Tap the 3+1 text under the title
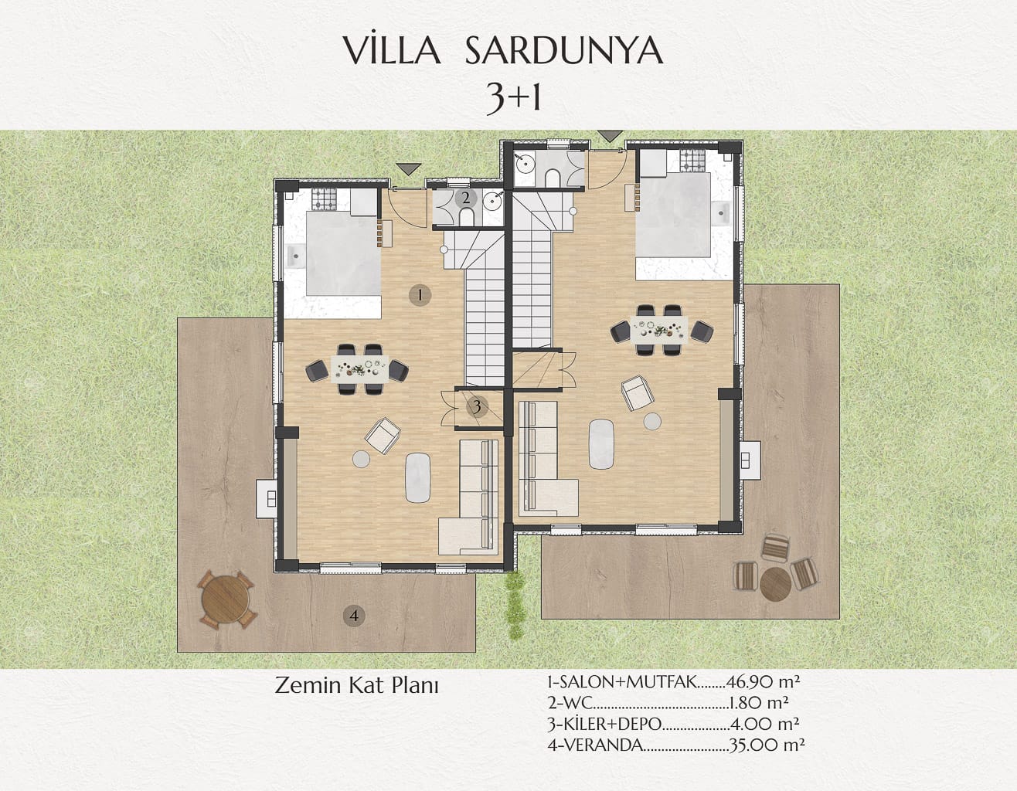(x=513, y=100)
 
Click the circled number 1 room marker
(x=420, y=295)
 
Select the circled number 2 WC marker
(x=466, y=199)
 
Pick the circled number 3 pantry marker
(x=477, y=406)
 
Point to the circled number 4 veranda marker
(x=354, y=616)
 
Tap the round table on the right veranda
(x=776, y=584)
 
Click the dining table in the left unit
(x=360, y=369)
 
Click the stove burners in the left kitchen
(x=325, y=199)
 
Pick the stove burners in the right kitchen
(x=692, y=161)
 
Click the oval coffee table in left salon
(x=418, y=477)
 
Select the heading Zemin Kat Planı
(x=356, y=686)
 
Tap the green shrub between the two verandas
(x=515, y=606)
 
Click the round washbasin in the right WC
(x=526, y=163)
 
